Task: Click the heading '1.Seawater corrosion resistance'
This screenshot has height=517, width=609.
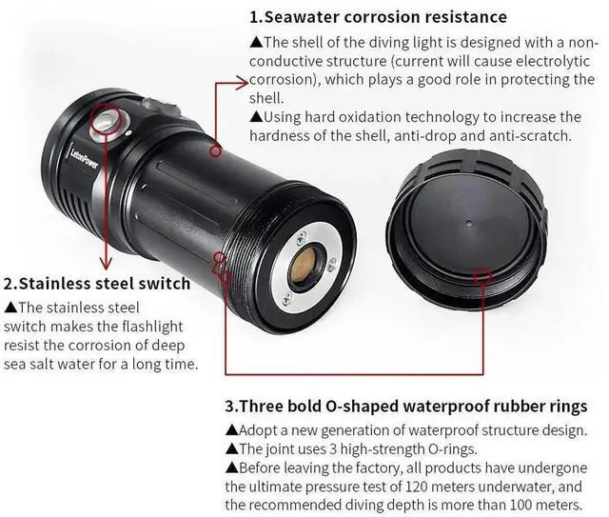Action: coord(378,17)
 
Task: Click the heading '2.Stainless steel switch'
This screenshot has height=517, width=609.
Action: coord(97,283)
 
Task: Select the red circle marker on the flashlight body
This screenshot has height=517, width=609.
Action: coord(216,149)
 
